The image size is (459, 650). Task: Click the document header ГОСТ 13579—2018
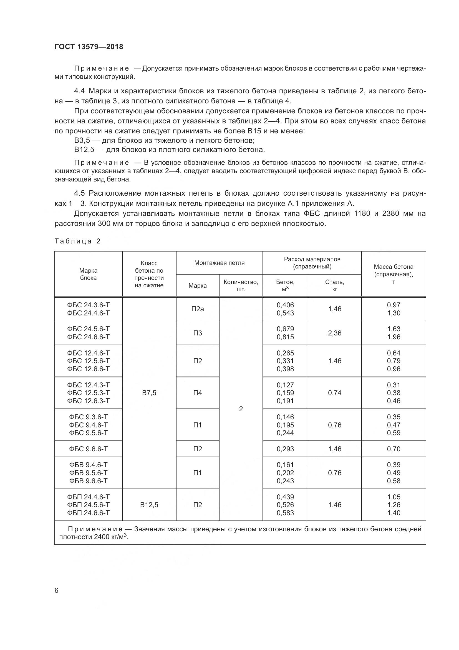(x=89, y=47)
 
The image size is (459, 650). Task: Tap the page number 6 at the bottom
(x=57, y=591)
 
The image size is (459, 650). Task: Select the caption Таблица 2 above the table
(x=77, y=241)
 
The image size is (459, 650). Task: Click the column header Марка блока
(x=88, y=274)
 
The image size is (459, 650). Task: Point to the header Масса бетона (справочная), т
(x=394, y=274)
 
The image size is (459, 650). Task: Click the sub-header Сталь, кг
(x=335, y=285)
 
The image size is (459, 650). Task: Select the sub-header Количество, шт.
(x=241, y=285)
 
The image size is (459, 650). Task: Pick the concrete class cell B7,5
(x=149, y=393)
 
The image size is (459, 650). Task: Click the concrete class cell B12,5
(x=149, y=505)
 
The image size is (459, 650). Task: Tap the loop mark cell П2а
(x=197, y=309)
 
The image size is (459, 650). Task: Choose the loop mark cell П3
(x=197, y=333)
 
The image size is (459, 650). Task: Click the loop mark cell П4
(x=197, y=393)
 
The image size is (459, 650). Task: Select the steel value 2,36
(x=335, y=333)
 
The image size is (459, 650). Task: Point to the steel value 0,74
(x=335, y=393)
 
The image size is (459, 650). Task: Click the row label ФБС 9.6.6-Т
(x=88, y=449)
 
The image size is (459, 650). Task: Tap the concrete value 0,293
(x=285, y=449)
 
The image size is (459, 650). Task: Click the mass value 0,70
(x=394, y=449)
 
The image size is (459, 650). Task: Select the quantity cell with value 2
(x=241, y=409)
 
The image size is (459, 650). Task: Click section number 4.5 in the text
(x=79, y=193)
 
